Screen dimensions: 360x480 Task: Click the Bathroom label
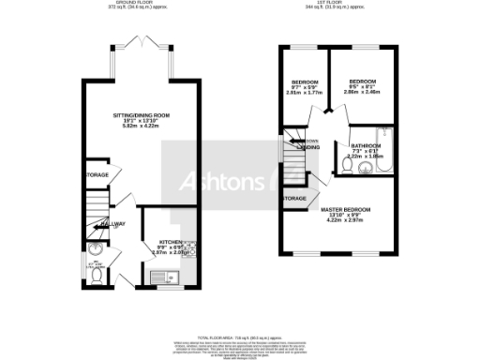(366, 146)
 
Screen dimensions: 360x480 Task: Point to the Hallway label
(112, 224)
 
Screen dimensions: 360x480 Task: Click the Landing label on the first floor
(307, 147)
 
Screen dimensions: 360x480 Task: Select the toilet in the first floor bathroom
(347, 166)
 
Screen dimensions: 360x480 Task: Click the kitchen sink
(159, 277)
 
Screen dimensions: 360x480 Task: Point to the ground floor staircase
(96, 207)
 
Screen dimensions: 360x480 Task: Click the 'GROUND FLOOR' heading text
(138, 4)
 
